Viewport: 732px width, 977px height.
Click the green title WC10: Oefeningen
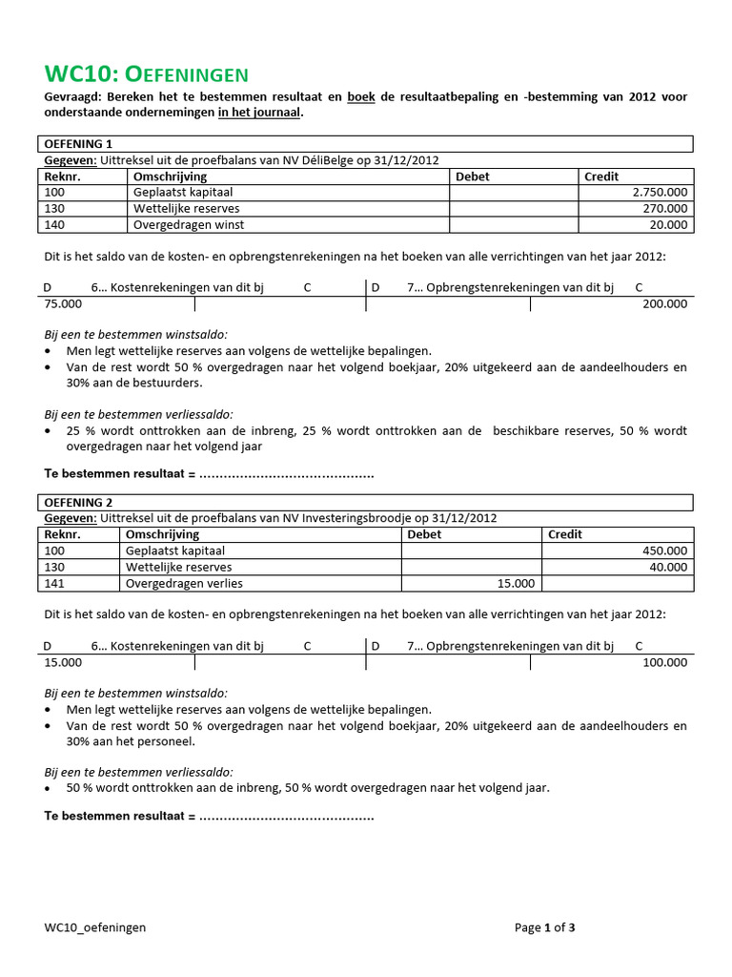147,74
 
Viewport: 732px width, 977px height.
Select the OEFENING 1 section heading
78,144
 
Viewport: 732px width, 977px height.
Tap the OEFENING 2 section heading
78,502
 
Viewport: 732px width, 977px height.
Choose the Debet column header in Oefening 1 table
473,177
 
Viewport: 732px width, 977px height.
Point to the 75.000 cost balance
63,304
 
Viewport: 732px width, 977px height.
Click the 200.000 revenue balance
663,304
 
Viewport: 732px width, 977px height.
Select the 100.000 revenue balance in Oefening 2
663,662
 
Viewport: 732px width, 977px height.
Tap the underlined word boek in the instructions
360,97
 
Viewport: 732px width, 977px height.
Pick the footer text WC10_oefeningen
94,927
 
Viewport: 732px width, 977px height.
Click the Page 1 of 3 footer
544,927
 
